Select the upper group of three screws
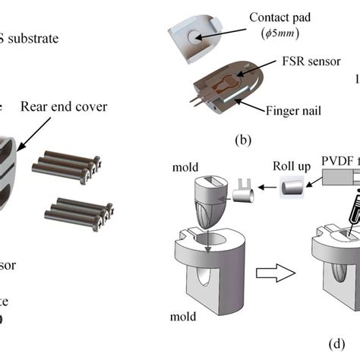65,165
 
